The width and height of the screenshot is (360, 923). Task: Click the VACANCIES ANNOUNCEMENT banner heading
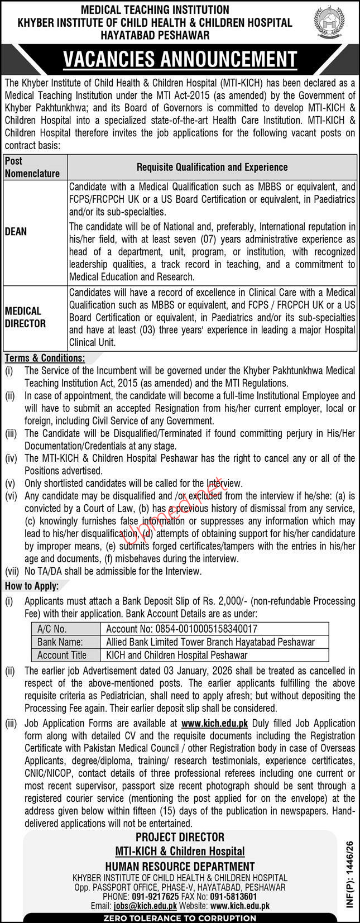coord(180,59)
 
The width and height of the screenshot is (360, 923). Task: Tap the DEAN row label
coord(16,231)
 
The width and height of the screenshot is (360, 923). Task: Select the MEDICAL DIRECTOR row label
coord(26,317)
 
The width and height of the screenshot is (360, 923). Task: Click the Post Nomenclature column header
coord(32,167)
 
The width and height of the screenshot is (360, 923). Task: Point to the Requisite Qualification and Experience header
coord(212,167)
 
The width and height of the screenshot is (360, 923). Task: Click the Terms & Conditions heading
coord(45,358)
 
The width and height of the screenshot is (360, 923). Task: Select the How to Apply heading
coord(32,586)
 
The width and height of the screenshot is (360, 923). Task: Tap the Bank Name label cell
coord(60,642)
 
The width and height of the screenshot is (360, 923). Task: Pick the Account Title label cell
coord(61,655)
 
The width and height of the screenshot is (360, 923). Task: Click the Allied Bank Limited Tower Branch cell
coord(210,642)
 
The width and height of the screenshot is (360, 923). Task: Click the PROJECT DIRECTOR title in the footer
coord(180,837)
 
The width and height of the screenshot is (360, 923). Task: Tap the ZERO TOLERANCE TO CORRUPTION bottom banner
coord(180,918)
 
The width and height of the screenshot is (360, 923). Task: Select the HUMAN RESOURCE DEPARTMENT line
coord(180,867)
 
